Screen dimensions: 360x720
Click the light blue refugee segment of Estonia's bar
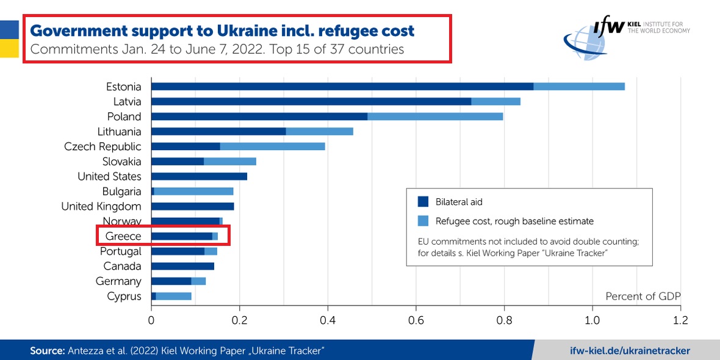point(579,87)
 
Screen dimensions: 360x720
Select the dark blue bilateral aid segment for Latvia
point(311,101)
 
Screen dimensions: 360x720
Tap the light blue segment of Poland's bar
point(435,117)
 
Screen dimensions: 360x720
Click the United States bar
point(199,176)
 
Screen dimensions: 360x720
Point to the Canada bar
point(182,266)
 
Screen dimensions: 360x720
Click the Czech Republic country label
point(103,146)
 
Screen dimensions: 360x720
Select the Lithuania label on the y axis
point(119,132)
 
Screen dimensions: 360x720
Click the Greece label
point(123,236)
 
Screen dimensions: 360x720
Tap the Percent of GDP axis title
point(643,296)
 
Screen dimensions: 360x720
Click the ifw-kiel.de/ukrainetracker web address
point(629,350)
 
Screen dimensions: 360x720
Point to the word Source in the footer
point(47,350)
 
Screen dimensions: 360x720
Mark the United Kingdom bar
point(192,206)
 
